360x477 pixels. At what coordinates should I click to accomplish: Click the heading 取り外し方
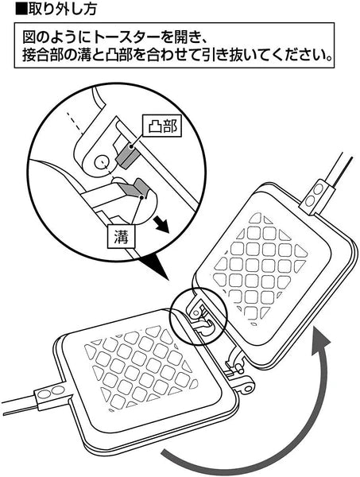click(x=62, y=9)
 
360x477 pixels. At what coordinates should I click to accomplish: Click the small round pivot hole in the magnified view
click(x=101, y=163)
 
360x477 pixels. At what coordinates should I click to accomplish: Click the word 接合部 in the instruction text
click(x=39, y=56)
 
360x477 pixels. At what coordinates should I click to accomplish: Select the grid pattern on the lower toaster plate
click(x=141, y=368)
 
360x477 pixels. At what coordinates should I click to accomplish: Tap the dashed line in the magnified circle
click(x=75, y=123)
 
